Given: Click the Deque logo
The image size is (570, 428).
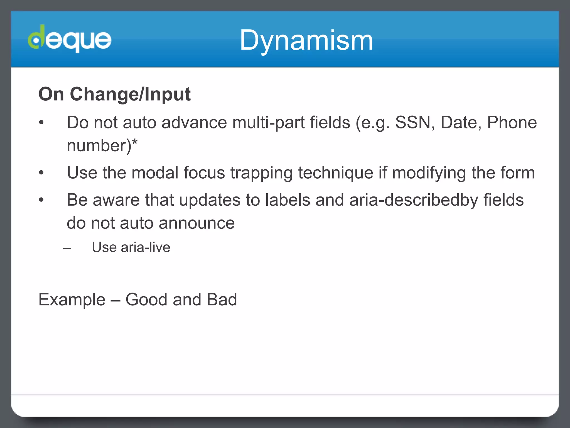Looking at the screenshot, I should click(70, 39).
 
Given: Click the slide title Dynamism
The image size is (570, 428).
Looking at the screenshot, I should click(306, 41).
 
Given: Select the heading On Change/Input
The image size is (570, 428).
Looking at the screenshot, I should click(114, 94).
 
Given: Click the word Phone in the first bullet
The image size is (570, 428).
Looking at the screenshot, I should click(512, 123).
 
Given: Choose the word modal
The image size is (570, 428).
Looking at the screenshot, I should click(155, 173).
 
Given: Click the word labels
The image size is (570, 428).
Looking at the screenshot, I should click(288, 200).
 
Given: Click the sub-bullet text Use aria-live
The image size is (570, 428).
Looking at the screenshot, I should click(131, 247).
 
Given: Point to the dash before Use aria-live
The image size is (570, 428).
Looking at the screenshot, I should click(67, 248).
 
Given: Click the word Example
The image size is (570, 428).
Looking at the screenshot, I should click(72, 300).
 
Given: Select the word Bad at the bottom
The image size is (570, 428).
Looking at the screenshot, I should click(222, 300).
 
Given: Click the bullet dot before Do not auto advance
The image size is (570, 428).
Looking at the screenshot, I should click(41, 123).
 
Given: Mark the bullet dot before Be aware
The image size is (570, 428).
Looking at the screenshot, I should click(41, 200).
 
